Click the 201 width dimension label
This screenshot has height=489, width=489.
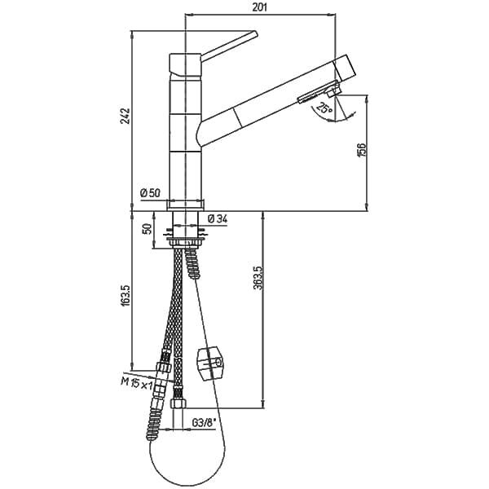(x=259, y=7)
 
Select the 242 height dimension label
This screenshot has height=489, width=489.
(x=126, y=116)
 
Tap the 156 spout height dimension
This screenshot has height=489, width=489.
(x=361, y=150)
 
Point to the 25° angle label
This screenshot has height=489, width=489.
(x=324, y=108)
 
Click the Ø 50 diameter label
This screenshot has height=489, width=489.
(x=150, y=193)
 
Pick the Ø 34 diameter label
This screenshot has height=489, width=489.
(x=218, y=218)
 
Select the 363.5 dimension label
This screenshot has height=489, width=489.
(x=258, y=278)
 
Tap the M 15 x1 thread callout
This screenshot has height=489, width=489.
(x=136, y=383)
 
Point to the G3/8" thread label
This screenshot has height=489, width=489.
(x=204, y=423)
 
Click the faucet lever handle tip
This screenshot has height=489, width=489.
(x=256, y=33)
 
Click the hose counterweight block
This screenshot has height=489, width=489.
(x=210, y=363)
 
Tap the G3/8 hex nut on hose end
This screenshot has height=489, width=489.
(x=178, y=403)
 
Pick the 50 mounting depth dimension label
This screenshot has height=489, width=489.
(x=149, y=229)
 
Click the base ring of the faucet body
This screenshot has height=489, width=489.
(x=186, y=205)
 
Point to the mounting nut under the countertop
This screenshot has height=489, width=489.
(x=186, y=242)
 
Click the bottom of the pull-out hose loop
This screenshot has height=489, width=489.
(x=187, y=486)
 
